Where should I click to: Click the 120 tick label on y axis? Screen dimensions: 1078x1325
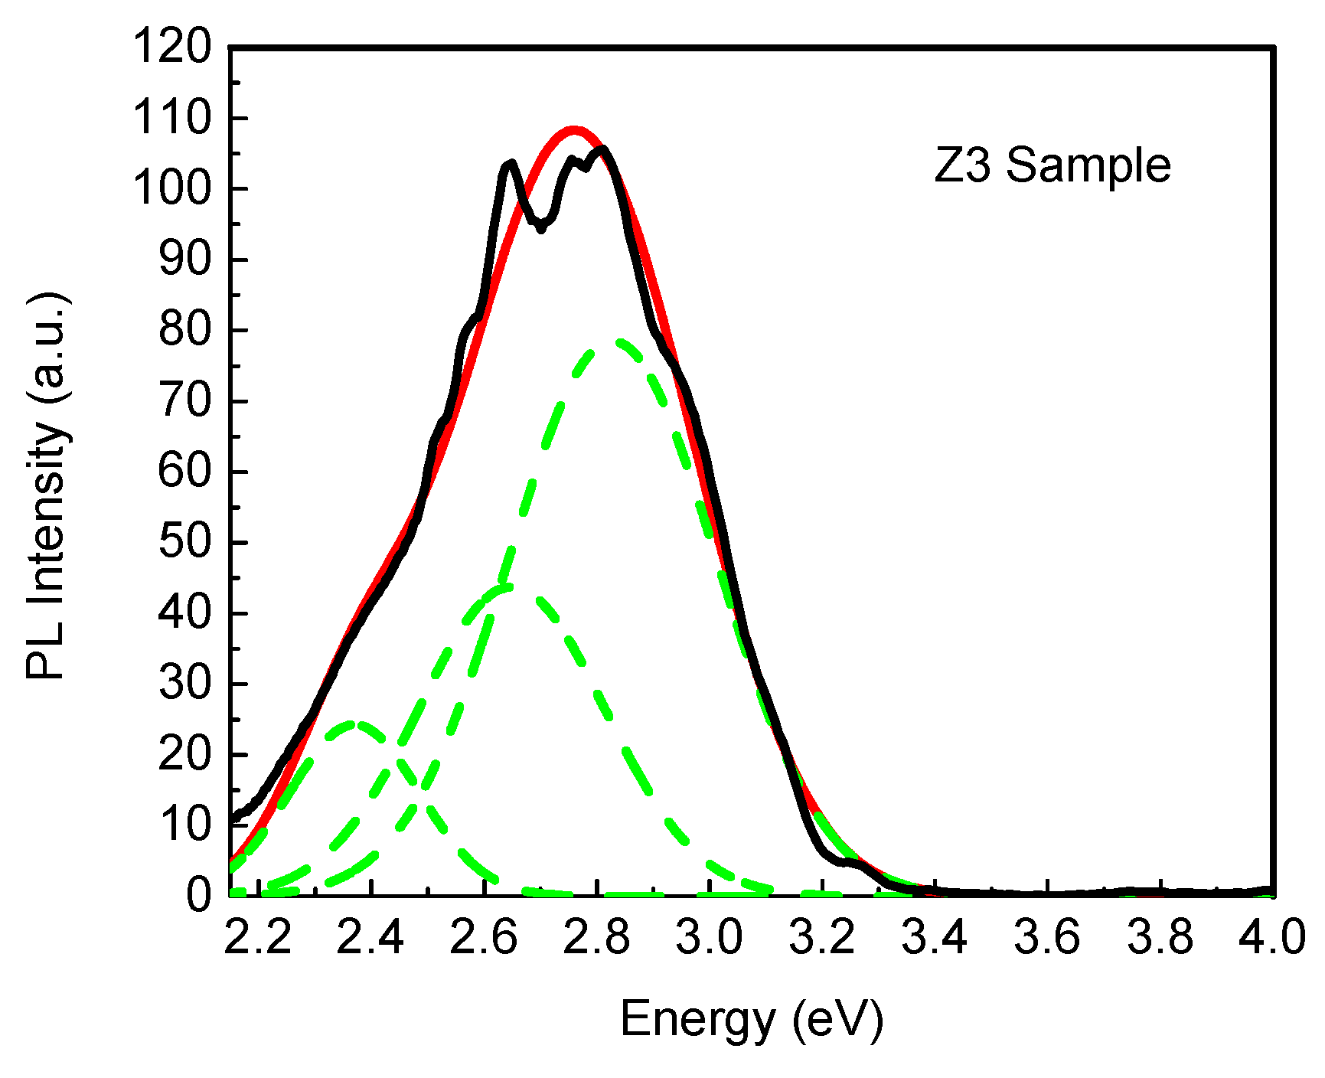(x=171, y=47)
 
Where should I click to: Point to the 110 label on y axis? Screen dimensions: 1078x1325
(x=171, y=119)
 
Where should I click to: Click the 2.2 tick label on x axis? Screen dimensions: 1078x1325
(x=258, y=938)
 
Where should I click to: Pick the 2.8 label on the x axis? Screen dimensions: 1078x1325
(x=597, y=938)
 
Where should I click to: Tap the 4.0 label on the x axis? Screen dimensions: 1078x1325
(x=1271, y=938)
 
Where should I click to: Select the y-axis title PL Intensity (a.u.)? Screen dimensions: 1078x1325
(x=47, y=486)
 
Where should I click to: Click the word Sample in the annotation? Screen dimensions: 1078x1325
(x=1088, y=165)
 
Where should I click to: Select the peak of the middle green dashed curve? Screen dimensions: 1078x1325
(x=505, y=588)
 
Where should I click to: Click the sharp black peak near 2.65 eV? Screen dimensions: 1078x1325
(x=510, y=163)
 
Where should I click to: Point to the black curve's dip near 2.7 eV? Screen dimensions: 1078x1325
(x=541, y=227)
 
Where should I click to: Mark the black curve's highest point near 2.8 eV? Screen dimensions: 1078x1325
(x=604, y=149)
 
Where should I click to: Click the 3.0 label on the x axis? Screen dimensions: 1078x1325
(x=709, y=938)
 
